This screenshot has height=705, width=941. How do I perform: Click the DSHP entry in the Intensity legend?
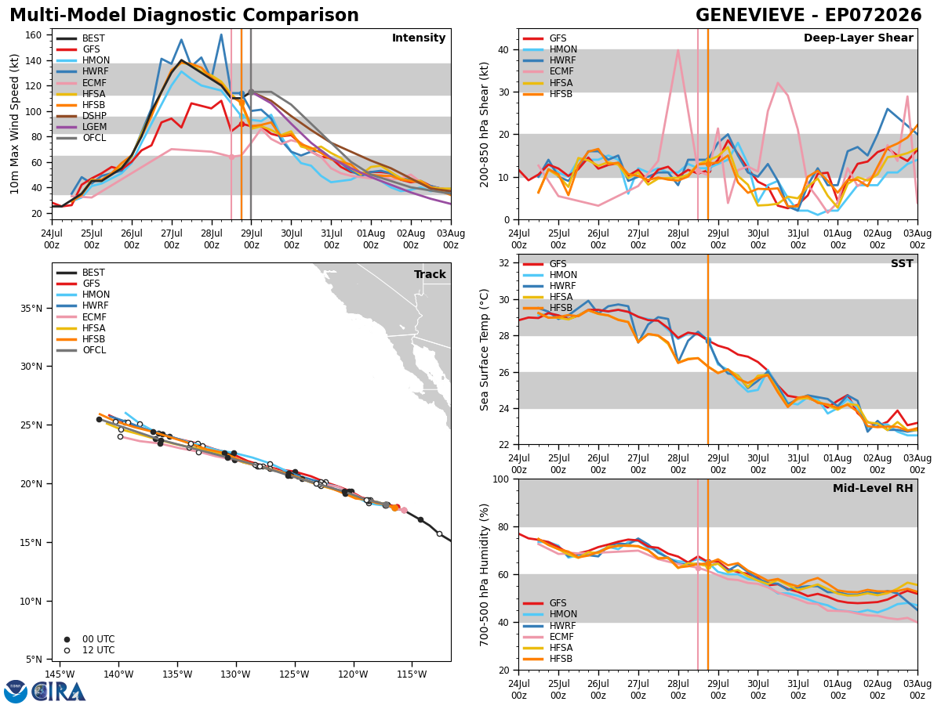click(x=82, y=116)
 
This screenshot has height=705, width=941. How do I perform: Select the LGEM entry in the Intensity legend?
click(x=82, y=127)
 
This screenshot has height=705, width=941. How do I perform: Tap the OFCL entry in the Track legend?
click(x=82, y=350)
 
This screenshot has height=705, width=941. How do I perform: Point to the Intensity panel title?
click(x=419, y=38)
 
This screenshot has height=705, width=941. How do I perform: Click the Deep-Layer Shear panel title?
click(x=858, y=38)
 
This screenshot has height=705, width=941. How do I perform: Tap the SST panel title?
click(x=902, y=264)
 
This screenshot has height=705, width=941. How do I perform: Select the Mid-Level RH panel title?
click(x=873, y=488)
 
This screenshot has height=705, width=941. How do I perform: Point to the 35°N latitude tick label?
click(x=31, y=308)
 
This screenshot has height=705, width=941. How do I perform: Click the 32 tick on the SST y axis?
click(x=503, y=263)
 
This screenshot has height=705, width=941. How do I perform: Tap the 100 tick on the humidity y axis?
click(x=501, y=479)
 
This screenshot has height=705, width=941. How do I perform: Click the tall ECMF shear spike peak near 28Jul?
click(x=678, y=50)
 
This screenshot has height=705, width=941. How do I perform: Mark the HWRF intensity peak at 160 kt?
click(x=221, y=34)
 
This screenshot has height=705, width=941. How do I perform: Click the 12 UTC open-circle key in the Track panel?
click(x=67, y=651)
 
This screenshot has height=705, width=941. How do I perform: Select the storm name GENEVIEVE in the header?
click(x=750, y=16)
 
